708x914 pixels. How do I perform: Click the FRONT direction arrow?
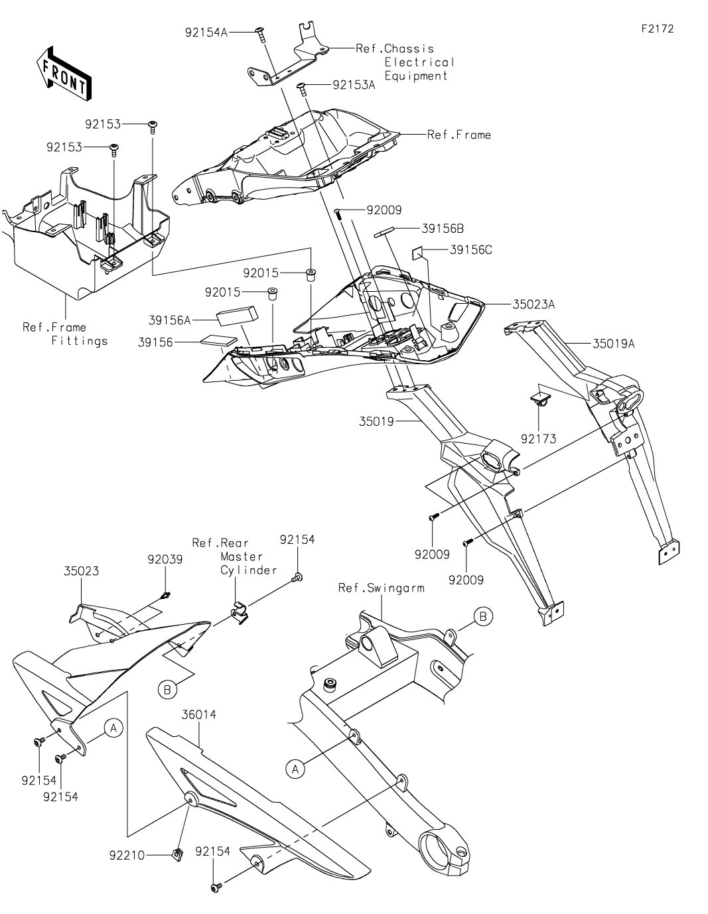pos(64,73)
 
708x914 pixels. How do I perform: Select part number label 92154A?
pos(206,31)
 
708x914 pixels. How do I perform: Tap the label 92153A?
pos(354,85)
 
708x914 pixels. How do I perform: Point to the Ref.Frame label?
pos(459,135)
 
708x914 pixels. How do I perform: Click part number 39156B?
pos(443,229)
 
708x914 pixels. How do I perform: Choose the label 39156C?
pos(471,250)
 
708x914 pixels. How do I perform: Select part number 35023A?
pos(533,304)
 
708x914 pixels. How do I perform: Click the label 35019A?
pos(614,344)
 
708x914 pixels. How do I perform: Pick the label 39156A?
pos(169,320)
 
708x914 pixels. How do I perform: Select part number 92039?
pos(165,559)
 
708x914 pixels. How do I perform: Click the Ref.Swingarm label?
pos(381,588)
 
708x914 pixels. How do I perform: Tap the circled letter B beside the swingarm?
pos(484,617)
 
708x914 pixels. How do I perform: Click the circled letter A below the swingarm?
pos(295,769)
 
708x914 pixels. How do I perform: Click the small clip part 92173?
pos(541,399)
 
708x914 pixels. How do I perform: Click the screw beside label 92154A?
pos(259,32)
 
